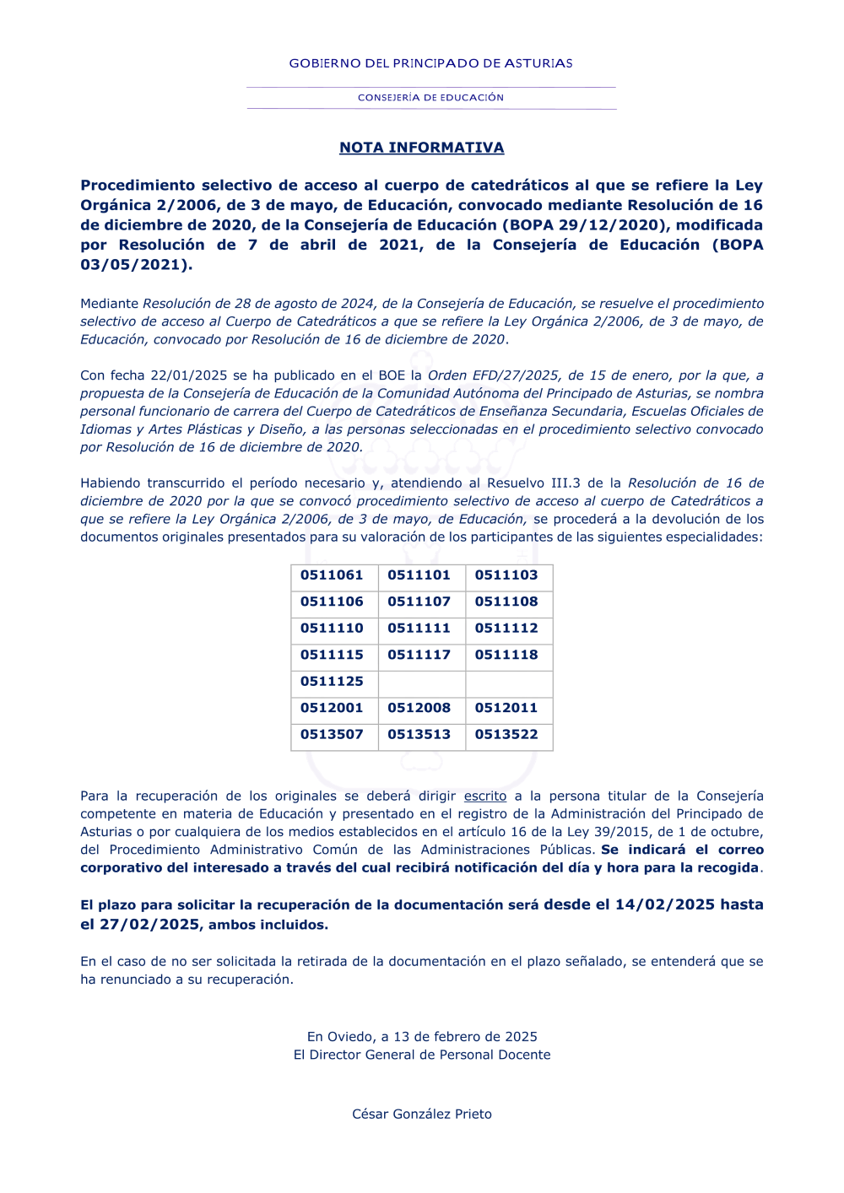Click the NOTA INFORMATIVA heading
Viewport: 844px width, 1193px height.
[421, 148]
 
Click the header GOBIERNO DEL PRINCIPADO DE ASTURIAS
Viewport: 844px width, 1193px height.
[430, 63]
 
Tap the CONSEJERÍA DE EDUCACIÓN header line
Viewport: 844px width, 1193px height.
[430, 98]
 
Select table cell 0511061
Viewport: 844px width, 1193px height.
[332, 575]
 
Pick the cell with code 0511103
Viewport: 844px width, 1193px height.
[506, 575]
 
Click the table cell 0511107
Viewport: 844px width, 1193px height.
[419, 602]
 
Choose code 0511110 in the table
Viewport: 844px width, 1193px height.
[332, 629]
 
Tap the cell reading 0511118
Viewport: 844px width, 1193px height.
[506, 655]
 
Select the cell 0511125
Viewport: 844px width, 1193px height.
[332, 682]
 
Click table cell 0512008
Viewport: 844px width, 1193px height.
[419, 708]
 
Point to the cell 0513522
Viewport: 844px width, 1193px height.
[506, 735]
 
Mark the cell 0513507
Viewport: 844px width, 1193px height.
[332, 735]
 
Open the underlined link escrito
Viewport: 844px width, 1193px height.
[485, 796]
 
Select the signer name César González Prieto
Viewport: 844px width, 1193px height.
[422, 1115]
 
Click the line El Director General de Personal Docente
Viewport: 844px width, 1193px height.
[422, 1055]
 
